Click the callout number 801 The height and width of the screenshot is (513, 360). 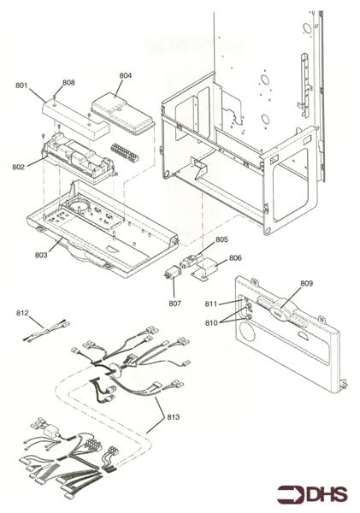[21, 85]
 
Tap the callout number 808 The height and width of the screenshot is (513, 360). [68, 82]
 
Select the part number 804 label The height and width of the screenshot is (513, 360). [126, 75]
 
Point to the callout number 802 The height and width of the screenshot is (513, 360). [18, 168]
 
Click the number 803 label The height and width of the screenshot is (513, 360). [41, 255]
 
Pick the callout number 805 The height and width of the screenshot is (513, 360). [221, 239]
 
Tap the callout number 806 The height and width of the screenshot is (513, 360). [235, 258]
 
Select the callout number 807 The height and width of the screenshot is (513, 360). [174, 304]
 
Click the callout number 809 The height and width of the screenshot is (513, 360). [306, 283]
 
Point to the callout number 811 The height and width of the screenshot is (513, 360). [211, 304]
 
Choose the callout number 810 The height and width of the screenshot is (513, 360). [211, 323]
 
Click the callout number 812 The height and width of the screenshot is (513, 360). [22, 313]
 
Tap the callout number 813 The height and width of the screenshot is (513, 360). [173, 417]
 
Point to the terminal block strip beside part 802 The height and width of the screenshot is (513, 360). [124, 152]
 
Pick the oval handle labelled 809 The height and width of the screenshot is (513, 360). [281, 310]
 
